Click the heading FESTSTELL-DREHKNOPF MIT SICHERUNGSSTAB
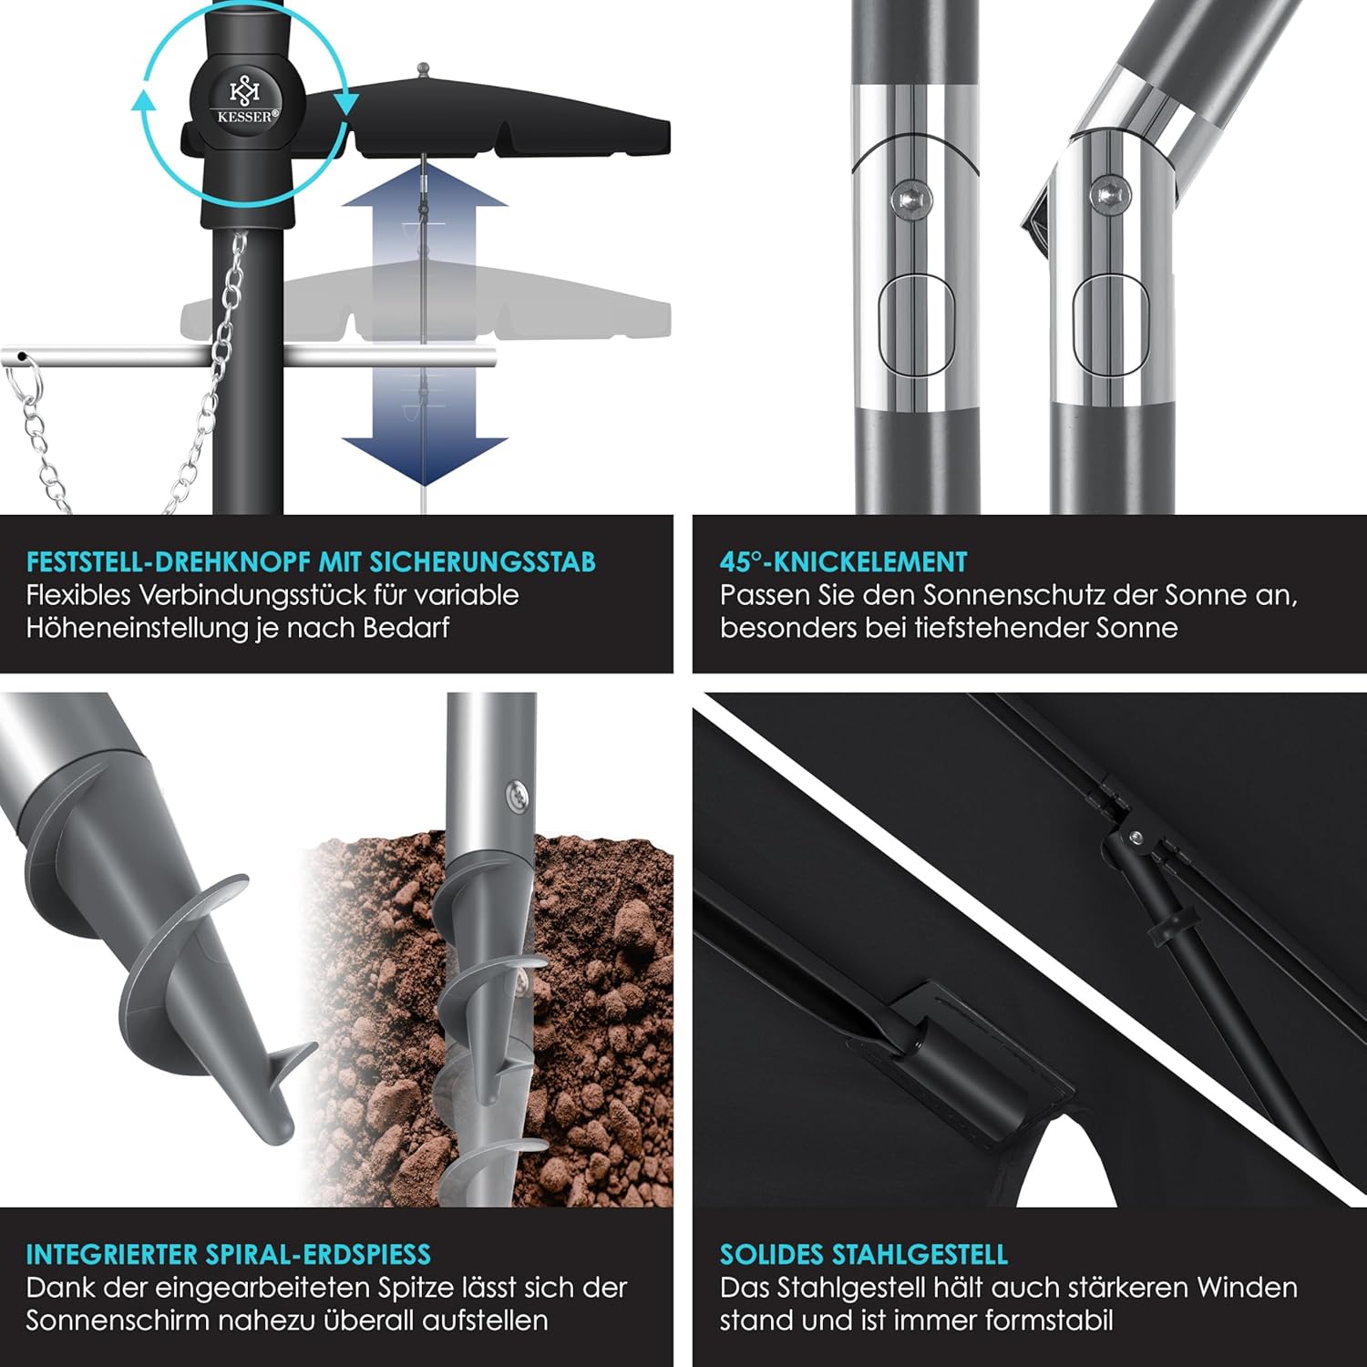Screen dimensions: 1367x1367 [311, 561]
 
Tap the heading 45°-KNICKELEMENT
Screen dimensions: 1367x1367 [844, 561]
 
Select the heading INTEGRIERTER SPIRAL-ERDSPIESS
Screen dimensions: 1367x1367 [228, 1254]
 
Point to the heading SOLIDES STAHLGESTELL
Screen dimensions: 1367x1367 [864, 1254]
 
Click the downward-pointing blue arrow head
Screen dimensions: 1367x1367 [425, 461]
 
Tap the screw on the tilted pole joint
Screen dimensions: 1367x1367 [1109, 194]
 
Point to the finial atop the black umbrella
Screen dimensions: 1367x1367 [422, 70]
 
